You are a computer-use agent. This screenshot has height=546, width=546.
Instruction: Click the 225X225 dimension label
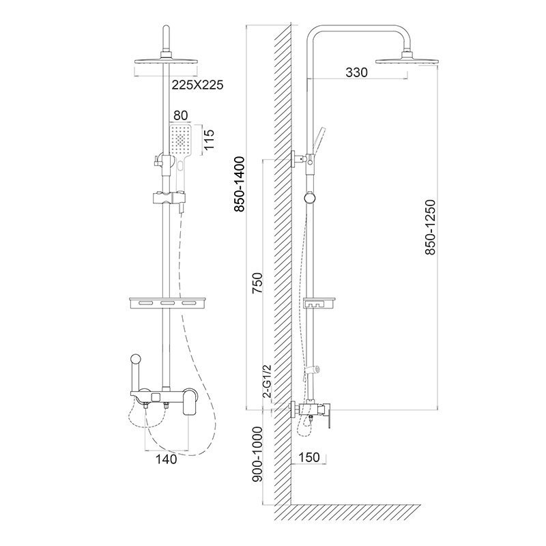pyautogui.click(x=197, y=85)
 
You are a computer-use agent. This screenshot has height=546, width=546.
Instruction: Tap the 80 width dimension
pyautogui.click(x=180, y=115)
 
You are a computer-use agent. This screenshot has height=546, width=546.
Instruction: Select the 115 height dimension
pyautogui.click(x=210, y=139)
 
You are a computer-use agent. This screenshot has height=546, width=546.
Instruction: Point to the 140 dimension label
pyautogui.click(x=166, y=459)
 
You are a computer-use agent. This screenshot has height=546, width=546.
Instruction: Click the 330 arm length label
pyautogui.click(x=356, y=72)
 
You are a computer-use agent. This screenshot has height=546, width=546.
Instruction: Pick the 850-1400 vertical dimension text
pyautogui.click(x=240, y=184)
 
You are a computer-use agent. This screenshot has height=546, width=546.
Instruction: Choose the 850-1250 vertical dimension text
pyautogui.click(x=431, y=227)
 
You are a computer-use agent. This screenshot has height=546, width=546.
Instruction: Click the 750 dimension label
pyautogui.click(x=257, y=283)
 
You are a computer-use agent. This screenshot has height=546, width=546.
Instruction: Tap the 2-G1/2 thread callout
pyautogui.click(x=267, y=382)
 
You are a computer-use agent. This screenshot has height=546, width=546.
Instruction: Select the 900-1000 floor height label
pyautogui.click(x=257, y=455)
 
